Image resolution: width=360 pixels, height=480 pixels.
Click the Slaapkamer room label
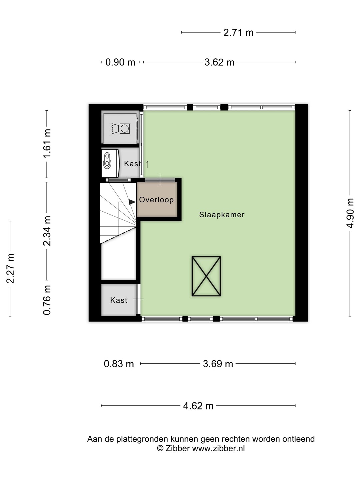(x=222, y=215)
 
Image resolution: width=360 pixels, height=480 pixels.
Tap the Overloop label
(x=157, y=200)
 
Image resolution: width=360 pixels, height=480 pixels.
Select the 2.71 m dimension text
(x=238, y=33)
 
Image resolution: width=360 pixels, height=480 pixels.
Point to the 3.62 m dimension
(x=219, y=62)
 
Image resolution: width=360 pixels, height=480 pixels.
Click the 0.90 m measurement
(x=120, y=62)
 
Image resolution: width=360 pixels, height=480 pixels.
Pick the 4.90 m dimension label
(x=350, y=213)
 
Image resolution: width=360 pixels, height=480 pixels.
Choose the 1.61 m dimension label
(x=47, y=143)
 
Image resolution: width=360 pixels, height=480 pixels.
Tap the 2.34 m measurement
(x=47, y=231)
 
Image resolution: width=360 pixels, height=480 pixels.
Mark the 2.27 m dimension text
(x=10, y=269)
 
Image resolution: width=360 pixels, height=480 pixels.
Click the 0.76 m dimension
(x=47, y=300)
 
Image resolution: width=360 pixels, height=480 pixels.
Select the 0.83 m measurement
(x=119, y=364)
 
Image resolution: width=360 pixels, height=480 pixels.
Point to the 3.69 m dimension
(x=218, y=364)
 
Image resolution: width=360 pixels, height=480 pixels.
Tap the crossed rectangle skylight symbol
(x=206, y=276)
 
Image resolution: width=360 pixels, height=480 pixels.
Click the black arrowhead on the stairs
(x=132, y=202)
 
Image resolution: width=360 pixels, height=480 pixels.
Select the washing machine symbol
(x=121, y=129)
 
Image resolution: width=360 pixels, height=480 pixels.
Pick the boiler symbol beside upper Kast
(x=110, y=163)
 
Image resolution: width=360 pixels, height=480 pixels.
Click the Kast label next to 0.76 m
(x=118, y=300)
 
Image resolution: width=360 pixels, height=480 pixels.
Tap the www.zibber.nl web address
(x=218, y=449)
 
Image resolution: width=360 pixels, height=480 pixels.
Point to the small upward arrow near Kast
(x=147, y=164)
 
